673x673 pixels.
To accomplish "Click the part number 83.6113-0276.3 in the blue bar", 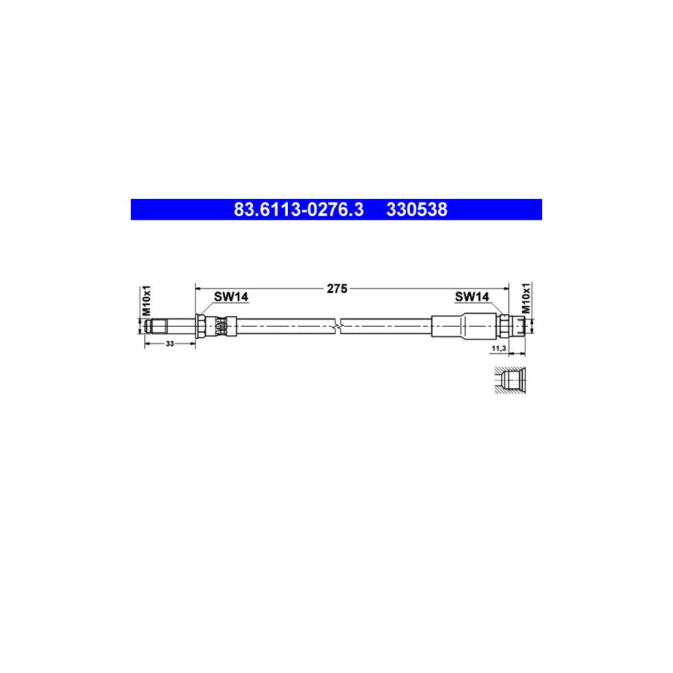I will click(x=298, y=210).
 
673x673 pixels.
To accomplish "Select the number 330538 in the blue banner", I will click(x=417, y=210).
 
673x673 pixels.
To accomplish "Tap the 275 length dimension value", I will click(x=337, y=287).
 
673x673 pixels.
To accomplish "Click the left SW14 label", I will click(x=230, y=297).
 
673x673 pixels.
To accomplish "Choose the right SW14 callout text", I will click(x=472, y=297).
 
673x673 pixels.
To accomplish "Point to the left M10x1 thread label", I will click(x=147, y=300).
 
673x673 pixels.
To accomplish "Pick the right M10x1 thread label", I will click(x=526, y=298).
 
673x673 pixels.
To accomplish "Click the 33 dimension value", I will click(x=170, y=343).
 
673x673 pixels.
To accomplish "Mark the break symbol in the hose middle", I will click(x=340, y=325).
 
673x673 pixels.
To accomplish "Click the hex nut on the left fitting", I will click(x=201, y=325).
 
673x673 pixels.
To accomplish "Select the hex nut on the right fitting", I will click(x=505, y=325).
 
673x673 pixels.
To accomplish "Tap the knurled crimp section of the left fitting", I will click(x=220, y=325).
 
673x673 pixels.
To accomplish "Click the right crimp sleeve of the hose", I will click(x=464, y=325).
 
